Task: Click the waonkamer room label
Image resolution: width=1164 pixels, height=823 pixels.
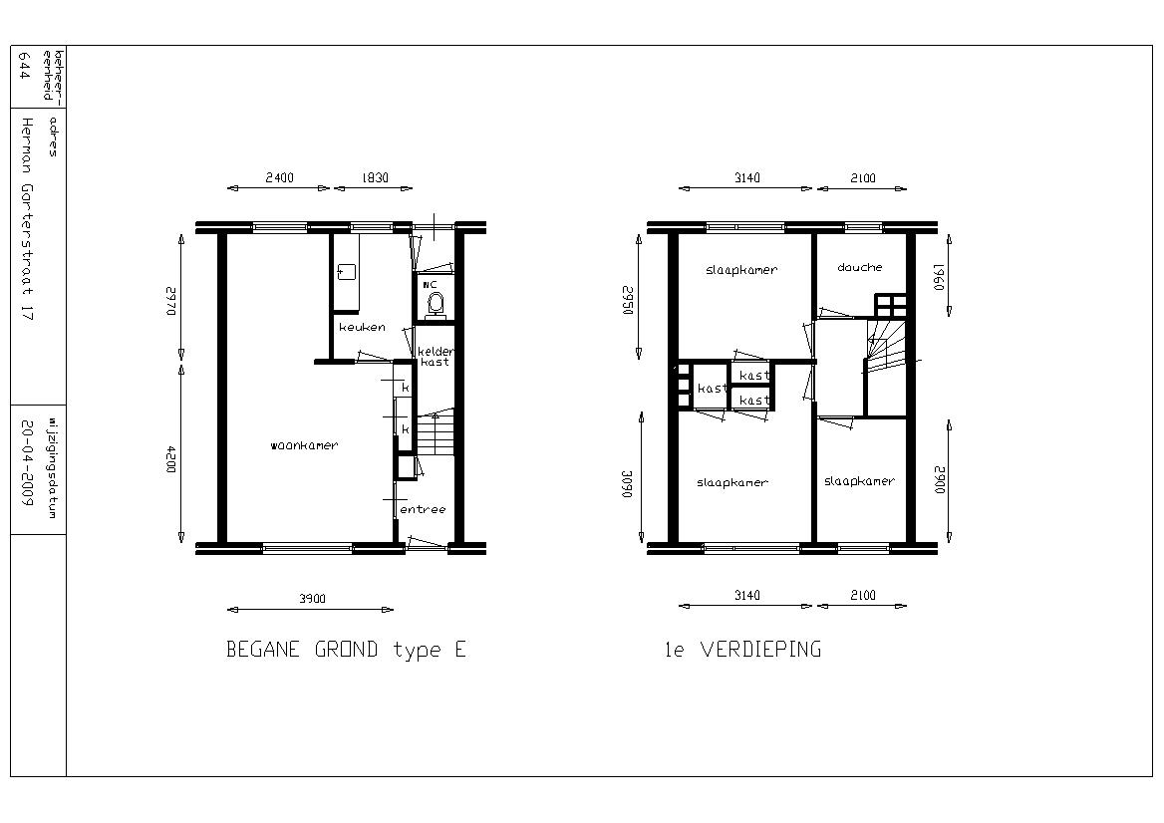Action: tap(304, 445)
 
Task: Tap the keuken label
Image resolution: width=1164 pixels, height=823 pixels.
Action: tap(363, 327)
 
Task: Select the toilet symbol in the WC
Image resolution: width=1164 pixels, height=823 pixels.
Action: tap(436, 304)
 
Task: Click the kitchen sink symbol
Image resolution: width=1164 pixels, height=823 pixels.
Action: tap(346, 272)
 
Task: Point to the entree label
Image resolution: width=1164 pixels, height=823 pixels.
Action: tap(424, 509)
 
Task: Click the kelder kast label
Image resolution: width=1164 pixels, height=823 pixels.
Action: tap(436, 357)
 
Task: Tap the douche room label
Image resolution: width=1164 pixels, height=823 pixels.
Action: tap(860, 267)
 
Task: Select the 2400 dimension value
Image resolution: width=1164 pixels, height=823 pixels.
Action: tap(279, 177)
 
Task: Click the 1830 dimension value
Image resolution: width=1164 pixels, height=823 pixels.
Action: tap(375, 177)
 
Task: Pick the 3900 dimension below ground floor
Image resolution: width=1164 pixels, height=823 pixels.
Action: tap(312, 598)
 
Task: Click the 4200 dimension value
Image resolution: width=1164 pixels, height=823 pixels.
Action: tap(170, 459)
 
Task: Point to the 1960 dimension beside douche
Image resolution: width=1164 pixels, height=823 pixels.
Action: tap(939, 277)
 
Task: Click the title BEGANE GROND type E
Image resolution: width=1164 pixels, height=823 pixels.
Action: tap(346, 650)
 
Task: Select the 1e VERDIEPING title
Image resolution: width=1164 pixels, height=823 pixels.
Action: tap(743, 650)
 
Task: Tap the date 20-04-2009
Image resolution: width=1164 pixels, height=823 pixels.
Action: tap(27, 463)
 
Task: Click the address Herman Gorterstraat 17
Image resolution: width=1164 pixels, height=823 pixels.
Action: tap(28, 218)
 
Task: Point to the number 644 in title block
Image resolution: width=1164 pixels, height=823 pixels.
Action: tap(24, 66)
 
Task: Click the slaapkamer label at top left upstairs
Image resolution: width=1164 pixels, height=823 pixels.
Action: tap(740, 270)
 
